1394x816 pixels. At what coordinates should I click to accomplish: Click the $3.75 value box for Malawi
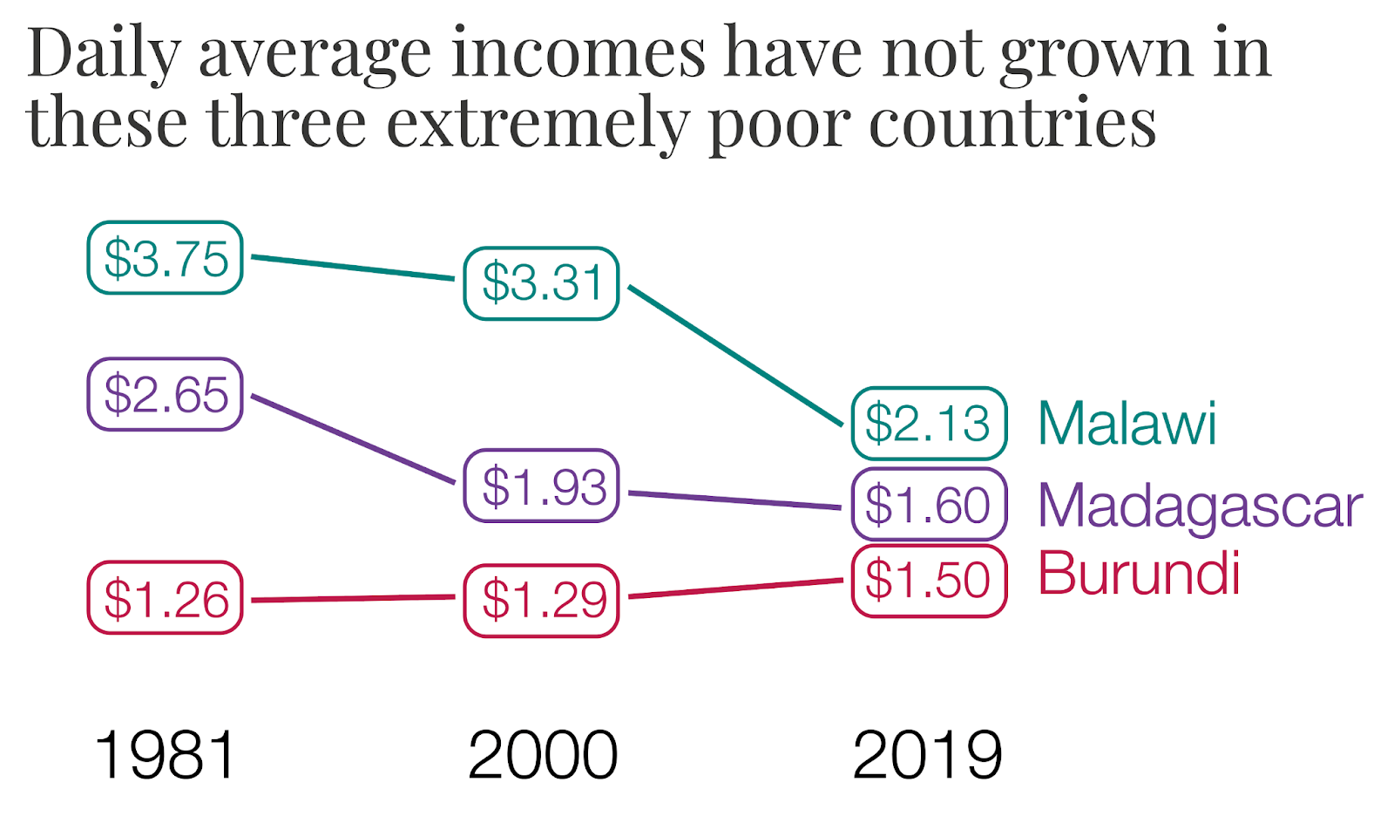165,258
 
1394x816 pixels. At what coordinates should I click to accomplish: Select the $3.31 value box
541,283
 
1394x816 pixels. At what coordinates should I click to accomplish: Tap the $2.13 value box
929,424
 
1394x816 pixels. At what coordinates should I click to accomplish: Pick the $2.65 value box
165,394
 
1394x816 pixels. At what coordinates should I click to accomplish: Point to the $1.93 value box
541,486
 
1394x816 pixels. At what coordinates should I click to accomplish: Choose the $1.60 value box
929,505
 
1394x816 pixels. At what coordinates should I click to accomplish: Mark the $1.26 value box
165,598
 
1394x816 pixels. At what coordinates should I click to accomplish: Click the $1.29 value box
541,600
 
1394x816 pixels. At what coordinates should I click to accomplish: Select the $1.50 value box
929,581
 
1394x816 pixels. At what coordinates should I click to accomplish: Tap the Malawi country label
1127,425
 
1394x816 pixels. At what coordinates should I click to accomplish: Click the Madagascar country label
1200,507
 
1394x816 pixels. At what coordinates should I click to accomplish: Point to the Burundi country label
1139,574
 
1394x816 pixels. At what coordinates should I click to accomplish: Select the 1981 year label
166,755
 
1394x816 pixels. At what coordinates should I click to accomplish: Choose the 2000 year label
542,755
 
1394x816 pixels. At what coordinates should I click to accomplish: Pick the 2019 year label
927,755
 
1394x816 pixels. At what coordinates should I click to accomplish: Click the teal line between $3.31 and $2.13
735,356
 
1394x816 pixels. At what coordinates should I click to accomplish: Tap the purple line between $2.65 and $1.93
353,439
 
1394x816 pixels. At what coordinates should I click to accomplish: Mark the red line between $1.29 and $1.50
735,588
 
